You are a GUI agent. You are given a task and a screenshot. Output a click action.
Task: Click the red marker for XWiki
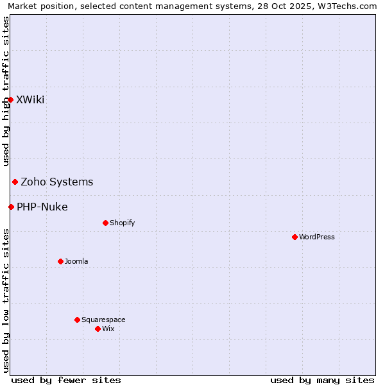(10, 99)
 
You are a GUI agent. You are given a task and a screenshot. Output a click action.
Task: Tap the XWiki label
(30, 99)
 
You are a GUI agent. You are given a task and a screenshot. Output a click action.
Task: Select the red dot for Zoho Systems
(15, 182)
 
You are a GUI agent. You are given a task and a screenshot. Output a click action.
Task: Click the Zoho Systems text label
(57, 182)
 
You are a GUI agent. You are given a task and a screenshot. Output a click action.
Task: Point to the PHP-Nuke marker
(11, 207)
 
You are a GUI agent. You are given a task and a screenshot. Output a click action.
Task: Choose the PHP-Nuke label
(42, 207)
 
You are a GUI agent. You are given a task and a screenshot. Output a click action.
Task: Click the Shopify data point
(105, 223)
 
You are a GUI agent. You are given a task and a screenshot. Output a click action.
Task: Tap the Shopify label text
(123, 223)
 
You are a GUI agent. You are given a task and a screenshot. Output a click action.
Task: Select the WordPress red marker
(295, 237)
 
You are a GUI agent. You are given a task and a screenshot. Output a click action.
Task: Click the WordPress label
(317, 237)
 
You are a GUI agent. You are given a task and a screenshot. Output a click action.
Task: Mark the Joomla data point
(60, 261)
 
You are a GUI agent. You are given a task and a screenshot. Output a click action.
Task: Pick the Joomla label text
(76, 261)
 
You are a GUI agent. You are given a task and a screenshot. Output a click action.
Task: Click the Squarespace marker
(77, 320)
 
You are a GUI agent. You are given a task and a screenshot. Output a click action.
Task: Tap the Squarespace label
(103, 320)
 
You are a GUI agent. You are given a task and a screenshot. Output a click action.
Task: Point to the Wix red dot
(98, 329)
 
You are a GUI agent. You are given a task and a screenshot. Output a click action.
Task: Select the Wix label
(108, 329)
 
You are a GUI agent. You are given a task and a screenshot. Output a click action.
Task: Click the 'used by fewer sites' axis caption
(66, 380)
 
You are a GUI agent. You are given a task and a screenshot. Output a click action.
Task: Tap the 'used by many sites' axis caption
(322, 380)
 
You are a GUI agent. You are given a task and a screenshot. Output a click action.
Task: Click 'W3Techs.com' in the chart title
(350, 6)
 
